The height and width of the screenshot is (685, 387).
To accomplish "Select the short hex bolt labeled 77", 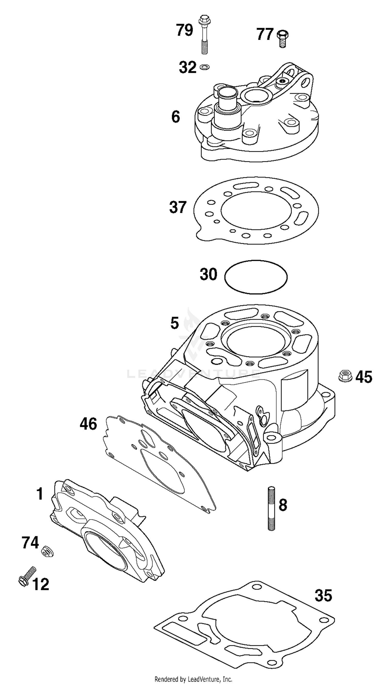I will click(283, 38).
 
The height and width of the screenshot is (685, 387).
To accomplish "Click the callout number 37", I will click(178, 208).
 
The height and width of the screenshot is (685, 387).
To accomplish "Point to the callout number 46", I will click(88, 424).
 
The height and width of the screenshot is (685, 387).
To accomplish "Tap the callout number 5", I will click(175, 323).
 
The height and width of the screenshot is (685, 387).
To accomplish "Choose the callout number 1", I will click(40, 494).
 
